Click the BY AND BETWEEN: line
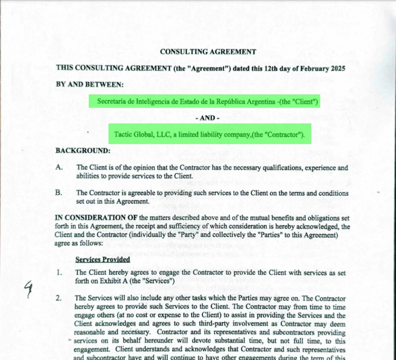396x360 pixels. [89, 84]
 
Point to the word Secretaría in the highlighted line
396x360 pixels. [112, 102]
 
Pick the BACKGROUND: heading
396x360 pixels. [83, 150]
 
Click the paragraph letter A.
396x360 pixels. [59, 168]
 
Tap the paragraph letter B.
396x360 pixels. [59, 192]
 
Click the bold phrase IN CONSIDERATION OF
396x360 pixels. [96, 217]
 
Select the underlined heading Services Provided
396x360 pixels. [102, 259]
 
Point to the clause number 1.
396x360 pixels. [59, 273]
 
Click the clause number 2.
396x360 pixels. [59, 298]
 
